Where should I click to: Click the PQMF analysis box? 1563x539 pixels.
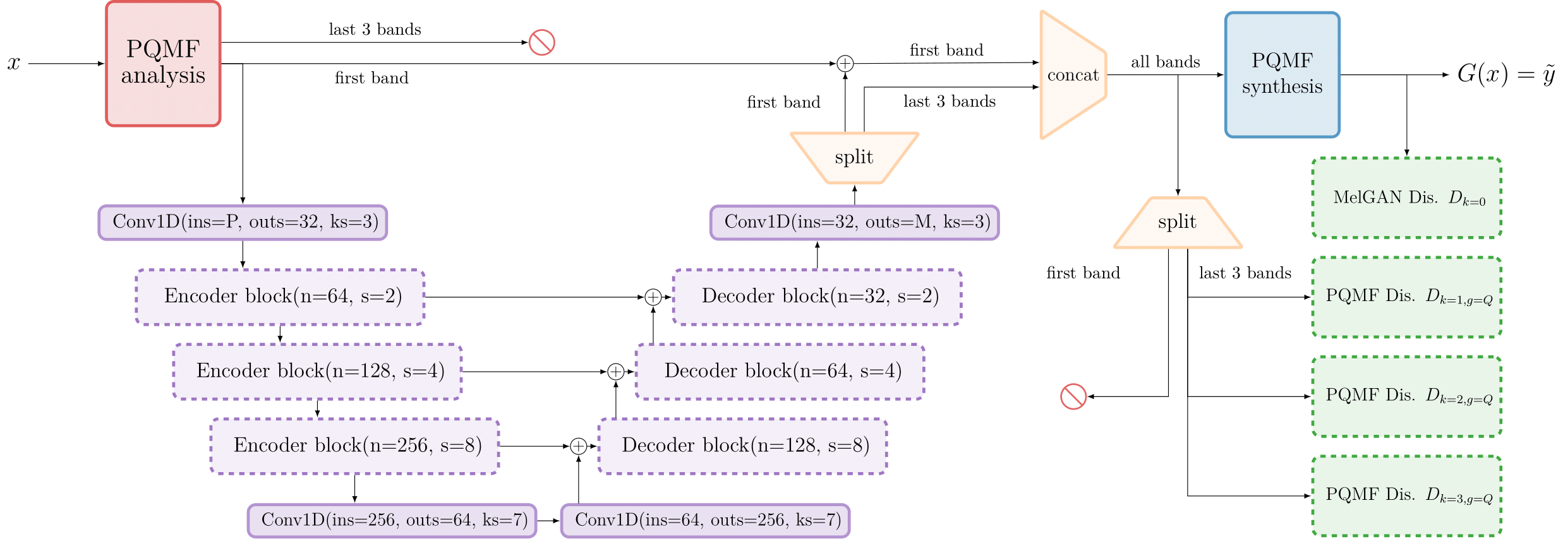(x=163, y=63)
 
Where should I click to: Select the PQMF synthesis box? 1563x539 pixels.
(x=1282, y=74)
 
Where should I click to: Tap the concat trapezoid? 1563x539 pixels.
(x=1073, y=75)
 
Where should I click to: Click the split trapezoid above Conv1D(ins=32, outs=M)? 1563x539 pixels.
(x=854, y=157)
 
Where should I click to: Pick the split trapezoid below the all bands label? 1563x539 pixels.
(x=1177, y=223)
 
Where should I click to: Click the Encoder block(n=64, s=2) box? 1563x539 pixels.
(x=280, y=297)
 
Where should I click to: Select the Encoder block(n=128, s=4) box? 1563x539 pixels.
(x=317, y=371)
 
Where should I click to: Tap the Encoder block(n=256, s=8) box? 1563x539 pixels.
(x=354, y=446)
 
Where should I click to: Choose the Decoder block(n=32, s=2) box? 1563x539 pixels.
(x=817, y=297)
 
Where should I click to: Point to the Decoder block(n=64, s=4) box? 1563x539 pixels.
(x=780, y=371)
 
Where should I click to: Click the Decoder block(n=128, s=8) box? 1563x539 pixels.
(x=742, y=446)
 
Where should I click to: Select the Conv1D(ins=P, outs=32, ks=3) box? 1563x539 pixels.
(x=243, y=222)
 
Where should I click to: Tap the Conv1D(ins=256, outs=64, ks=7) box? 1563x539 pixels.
(x=392, y=520)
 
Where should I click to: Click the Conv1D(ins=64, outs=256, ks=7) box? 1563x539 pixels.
(x=705, y=520)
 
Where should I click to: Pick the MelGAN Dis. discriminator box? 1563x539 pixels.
(x=1406, y=198)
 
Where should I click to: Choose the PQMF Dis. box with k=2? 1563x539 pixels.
(x=1406, y=396)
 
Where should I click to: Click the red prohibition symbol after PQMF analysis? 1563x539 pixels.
(x=541, y=42)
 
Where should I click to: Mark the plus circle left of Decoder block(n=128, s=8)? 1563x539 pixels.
(x=578, y=446)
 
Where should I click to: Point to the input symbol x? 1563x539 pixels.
(x=13, y=63)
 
